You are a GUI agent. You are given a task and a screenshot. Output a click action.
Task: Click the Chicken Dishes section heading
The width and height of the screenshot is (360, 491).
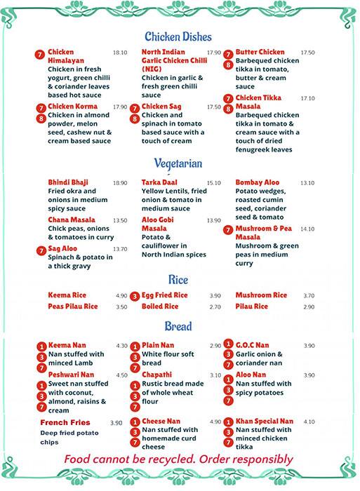tap(178, 36)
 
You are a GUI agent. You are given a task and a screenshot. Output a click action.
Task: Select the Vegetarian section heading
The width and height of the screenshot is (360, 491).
tap(178, 163)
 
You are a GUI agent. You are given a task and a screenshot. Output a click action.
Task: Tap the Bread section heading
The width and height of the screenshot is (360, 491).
tap(178, 326)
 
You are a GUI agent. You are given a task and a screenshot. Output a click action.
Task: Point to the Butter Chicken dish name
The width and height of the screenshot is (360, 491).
tap(260, 53)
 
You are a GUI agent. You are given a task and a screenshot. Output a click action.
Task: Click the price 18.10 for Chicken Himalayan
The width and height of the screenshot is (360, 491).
tap(119, 53)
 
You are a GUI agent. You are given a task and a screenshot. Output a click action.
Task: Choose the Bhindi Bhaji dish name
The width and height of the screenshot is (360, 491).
tap(68, 182)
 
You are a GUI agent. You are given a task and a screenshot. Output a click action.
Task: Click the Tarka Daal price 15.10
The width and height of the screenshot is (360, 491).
tap(213, 182)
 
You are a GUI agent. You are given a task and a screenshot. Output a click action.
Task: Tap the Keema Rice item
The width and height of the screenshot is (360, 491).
tap(67, 295)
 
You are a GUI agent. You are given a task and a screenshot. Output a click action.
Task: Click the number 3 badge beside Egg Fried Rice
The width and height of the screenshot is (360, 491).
tap(135, 296)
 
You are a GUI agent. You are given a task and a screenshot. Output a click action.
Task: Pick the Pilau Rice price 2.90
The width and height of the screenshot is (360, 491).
tap(308, 307)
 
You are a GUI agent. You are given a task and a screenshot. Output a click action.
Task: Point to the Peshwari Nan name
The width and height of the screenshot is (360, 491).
tap(71, 375)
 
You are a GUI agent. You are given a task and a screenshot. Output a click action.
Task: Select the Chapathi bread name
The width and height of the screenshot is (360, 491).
tap(156, 375)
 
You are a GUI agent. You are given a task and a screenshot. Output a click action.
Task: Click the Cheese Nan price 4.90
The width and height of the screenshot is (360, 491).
tap(215, 422)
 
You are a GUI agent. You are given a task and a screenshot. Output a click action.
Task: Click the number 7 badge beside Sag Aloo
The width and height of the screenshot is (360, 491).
tap(41, 250)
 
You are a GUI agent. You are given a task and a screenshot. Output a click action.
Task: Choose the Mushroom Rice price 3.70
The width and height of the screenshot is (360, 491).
tap(308, 296)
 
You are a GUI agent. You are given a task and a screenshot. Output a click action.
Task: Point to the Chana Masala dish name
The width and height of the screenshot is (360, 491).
tap(71, 220)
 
